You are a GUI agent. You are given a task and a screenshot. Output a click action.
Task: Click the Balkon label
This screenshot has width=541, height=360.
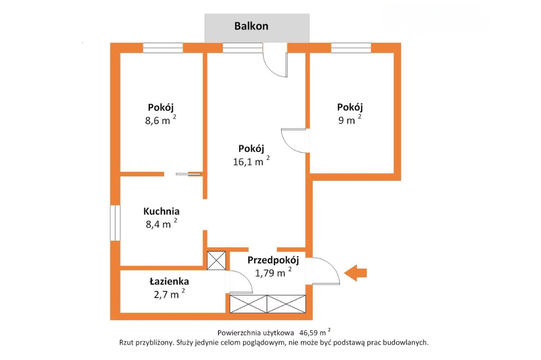point(251,26)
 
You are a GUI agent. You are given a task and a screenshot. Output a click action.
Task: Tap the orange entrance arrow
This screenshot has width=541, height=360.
point(356,273)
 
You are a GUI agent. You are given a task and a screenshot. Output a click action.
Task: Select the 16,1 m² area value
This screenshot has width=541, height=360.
point(251,161)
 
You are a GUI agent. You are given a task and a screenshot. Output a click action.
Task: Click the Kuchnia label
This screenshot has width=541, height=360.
point(162,211)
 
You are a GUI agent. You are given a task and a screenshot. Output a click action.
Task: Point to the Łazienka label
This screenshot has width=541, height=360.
point(169,281)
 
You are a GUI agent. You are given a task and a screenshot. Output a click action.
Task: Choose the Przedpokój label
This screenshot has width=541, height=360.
point(273,260)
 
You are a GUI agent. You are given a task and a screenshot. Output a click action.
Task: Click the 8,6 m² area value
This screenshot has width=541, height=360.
point(161,120)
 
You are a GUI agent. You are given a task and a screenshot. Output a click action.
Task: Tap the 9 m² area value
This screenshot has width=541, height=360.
point(350,120)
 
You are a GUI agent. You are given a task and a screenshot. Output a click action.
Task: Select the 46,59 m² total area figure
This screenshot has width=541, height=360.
point(315,333)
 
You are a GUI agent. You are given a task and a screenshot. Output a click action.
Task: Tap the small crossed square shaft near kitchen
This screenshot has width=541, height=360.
point(216,260)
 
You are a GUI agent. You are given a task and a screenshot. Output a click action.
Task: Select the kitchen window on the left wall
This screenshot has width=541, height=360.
point(115,223)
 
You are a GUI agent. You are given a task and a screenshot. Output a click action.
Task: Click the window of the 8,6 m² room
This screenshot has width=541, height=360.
point(163,48)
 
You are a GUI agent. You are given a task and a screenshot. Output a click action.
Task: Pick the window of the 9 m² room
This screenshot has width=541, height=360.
point(351,48)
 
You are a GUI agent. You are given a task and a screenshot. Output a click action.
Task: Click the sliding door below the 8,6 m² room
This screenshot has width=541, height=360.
point(188,174)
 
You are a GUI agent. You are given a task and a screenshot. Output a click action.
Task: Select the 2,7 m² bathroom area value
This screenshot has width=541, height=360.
point(169,294)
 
